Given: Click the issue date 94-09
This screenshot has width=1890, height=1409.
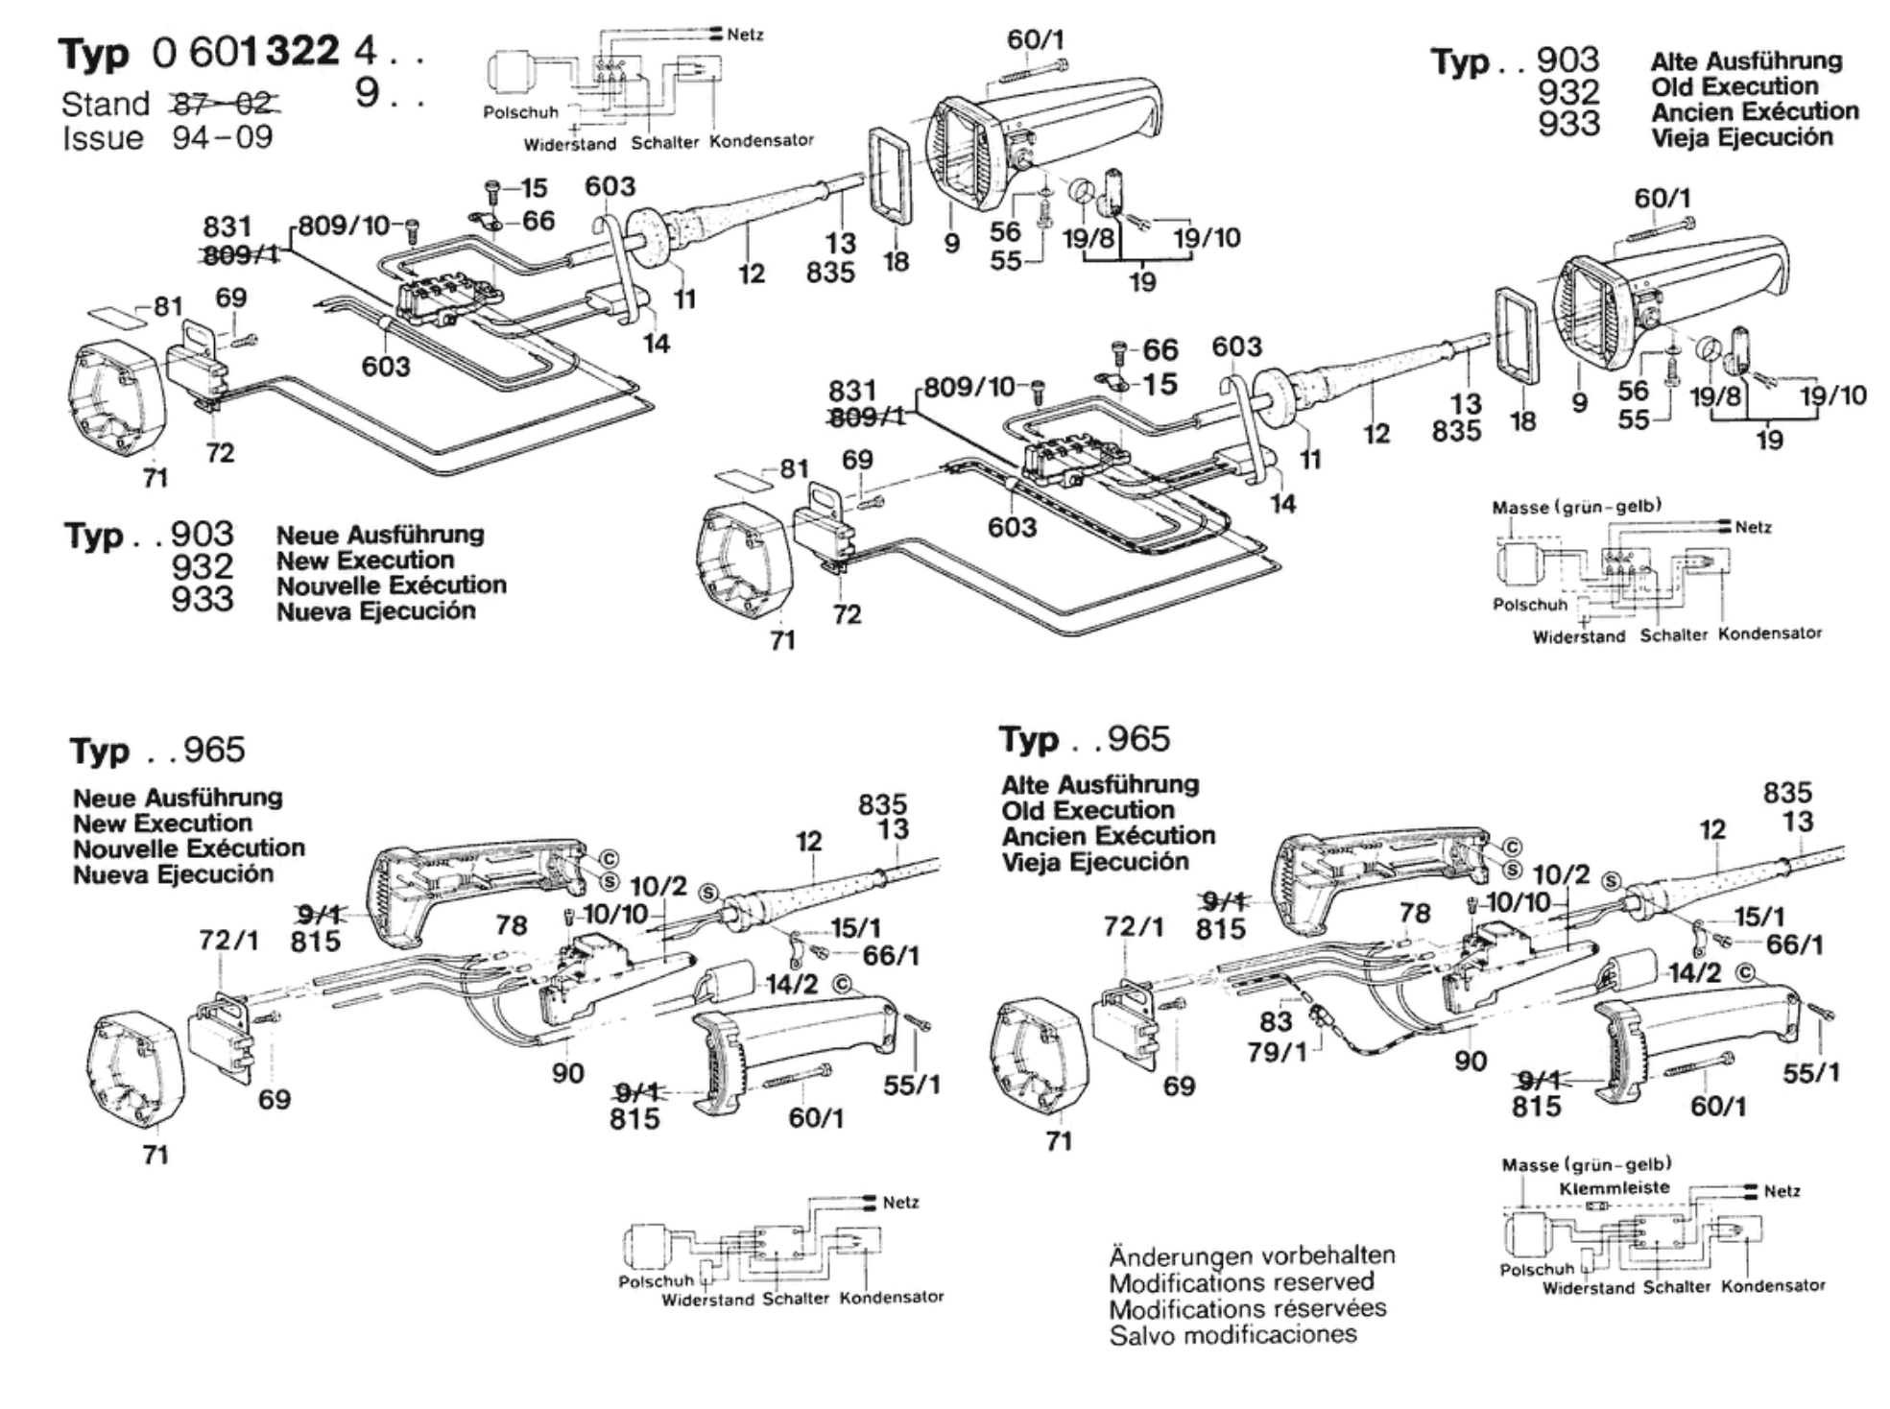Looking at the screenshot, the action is click(x=223, y=138).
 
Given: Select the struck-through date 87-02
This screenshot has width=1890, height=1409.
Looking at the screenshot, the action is click(x=225, y=103).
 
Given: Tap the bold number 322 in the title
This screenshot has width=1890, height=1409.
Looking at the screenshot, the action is click(x=301, y=51).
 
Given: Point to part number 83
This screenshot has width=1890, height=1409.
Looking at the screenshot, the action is click(x=1276, y=1020).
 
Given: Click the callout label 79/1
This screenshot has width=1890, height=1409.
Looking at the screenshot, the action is click(x=1277, y=1052).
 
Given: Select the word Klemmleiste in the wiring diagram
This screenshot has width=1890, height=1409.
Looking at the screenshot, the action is click(x=1614, y=1187).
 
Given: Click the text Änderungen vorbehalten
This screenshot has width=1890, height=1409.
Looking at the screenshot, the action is click(x=1252, y=1255).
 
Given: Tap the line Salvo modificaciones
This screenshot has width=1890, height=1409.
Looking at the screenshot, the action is click(x=1232, y=1334).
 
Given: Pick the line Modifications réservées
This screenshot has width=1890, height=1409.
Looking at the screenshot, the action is click(x=1247, y=1308).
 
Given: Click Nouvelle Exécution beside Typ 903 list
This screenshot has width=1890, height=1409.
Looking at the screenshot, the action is click(x=391, y=585).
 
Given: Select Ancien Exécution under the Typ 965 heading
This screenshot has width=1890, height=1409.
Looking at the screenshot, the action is click(x=1108, y=836).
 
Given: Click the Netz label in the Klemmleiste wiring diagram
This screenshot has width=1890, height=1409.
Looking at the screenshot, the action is click(x=1782, y=1191).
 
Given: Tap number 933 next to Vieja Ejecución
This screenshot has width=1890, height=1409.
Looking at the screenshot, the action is click(x=1568, y=124).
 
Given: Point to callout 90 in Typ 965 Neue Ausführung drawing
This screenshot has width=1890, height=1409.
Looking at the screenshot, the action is click(x=567, y=1073).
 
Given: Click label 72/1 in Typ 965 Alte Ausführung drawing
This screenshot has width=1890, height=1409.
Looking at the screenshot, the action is click(x=1133, y=926).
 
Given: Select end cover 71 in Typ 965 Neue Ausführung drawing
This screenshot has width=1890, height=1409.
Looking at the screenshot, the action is click(x=134, y=1070).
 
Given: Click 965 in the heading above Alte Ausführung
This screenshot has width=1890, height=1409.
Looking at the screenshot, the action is click(x=1138, y=739).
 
